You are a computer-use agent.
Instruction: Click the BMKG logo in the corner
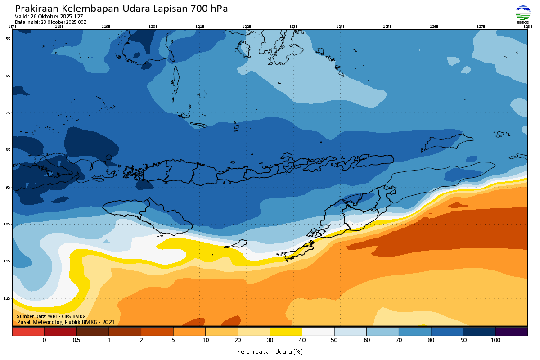[x=522, y=14]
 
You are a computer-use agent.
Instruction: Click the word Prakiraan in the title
[x=36, y=9]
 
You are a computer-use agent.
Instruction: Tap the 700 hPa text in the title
[x=209, y=9]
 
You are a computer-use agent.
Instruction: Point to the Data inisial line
[x=50, y=22]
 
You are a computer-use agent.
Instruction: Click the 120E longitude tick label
[x=153, y=27]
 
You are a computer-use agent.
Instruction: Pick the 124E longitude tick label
[x=340, y=27]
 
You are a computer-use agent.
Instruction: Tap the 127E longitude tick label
[x=481, y=27]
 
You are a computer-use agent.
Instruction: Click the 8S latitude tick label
[x=8, y=150]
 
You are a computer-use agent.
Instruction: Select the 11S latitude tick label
[x=8, y=261]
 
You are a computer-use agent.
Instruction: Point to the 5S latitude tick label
[x=8, y=39]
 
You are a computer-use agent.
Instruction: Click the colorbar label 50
[x=334, y=340]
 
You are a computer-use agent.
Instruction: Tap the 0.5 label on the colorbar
[x=76, y=340]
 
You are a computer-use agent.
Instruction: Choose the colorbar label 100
[x=495, y=340]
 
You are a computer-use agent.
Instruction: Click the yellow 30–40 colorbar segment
[x=286, y=332]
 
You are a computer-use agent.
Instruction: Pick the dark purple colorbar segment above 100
[x=511, y=332]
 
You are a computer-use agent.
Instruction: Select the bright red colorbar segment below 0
[x=28, y=332]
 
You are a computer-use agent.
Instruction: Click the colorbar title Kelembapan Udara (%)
[x=270, y=351]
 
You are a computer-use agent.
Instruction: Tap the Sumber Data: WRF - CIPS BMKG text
[x=51, y=317]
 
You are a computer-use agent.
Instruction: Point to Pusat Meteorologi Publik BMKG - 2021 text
[x=66, y=322]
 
